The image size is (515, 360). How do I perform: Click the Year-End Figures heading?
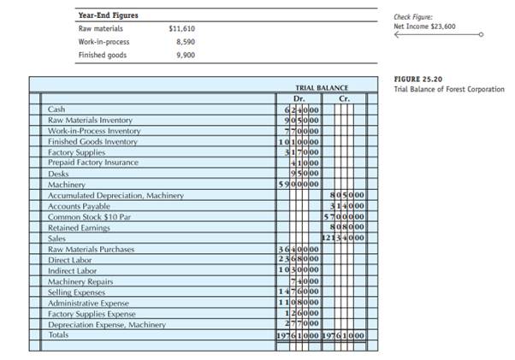click(x=108, y=15)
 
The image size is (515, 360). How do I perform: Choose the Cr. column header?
click(x=343, y=97)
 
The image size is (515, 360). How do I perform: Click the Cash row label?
click(x=56, y=110)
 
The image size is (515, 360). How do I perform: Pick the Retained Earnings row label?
click(x=78, y=227)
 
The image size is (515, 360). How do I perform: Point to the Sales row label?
click(x=57, y=239)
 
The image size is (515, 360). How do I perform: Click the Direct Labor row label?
click(x=69, y=260)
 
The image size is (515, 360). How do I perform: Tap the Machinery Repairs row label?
click(x=81, y=281)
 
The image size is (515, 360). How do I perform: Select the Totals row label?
click(x=60, y=334)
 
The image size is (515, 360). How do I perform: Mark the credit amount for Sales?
click(x=345, y=239)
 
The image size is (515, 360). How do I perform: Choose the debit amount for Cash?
click(x=302, y=110)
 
